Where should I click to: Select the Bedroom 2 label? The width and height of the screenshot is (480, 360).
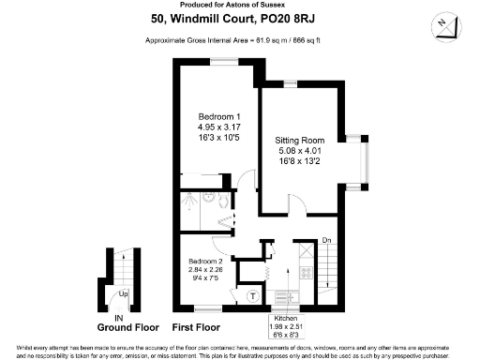coord(204,260)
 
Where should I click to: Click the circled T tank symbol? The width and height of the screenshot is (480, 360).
coord(252,296)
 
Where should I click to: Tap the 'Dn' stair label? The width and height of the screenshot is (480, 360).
coord(326,240)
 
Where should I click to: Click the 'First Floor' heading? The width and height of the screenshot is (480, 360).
coord(197,329)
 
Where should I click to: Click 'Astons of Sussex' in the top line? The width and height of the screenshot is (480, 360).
coord(267,6)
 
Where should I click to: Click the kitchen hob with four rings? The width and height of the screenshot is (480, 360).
coord(307,273)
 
